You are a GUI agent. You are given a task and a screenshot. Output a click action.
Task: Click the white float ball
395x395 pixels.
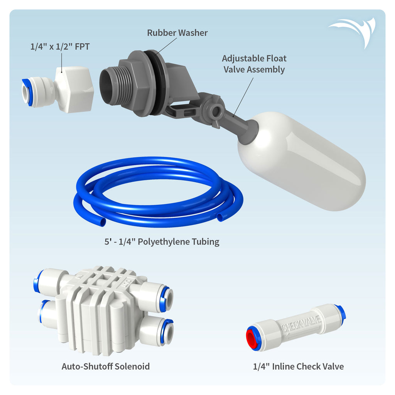tap(305, 162)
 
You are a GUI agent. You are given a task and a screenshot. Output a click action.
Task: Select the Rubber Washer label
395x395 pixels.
tap(177, 33)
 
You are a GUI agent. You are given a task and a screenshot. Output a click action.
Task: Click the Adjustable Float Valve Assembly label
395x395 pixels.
tap(254, 64)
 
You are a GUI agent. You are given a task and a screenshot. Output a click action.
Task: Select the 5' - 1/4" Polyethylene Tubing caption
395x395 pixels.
tap(159, 242)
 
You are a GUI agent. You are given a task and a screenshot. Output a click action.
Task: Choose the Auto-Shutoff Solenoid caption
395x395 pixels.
tap(105, 366)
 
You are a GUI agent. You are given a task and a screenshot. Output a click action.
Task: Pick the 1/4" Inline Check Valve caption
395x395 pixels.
tap(298, 366)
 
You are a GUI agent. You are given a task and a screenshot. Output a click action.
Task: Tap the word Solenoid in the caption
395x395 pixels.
tap(132, 366)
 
